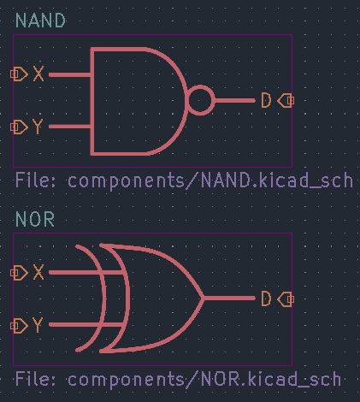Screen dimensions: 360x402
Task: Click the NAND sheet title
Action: (40, 21)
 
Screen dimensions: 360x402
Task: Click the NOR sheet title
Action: (35, 219)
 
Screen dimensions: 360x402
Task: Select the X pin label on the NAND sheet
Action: (38, 74)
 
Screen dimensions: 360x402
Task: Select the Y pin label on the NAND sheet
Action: (38, 127)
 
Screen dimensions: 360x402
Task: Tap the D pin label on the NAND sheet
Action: (266, 100)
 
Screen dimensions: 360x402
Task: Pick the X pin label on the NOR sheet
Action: (38, 272)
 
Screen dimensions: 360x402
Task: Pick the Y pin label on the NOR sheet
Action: (38, 325)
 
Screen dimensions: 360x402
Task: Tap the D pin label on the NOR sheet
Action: (266, 299)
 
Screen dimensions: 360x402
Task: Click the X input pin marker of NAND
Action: (19, 74)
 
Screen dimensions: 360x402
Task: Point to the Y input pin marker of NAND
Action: (19, 127)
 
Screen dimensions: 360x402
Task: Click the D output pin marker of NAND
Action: (286, 100)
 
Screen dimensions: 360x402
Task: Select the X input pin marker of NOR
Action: (19, 273)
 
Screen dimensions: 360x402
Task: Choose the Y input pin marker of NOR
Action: (19, 326)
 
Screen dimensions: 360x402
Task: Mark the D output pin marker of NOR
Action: (286, 299)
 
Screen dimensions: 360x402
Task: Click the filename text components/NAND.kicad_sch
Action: (210, 180)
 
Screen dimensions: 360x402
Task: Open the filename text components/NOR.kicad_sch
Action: (204, 379)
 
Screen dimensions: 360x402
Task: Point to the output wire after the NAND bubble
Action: (234, 100)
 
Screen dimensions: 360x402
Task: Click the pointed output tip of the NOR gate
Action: (204, 299)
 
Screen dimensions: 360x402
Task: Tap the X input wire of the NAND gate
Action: (70, 74)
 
